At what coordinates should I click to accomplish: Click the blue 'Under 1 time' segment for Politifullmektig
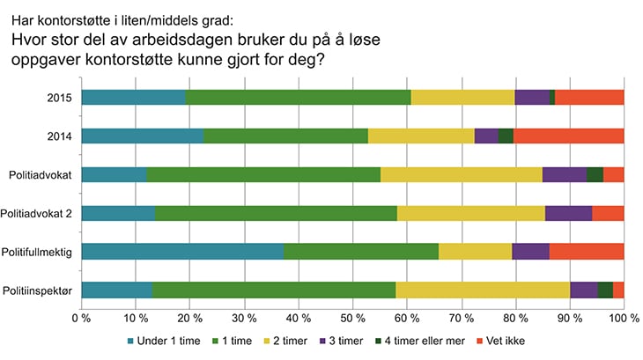coord(182,252)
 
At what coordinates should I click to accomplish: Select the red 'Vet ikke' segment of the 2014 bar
coord(568,136)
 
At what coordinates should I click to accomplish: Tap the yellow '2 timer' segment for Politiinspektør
coord(483,290)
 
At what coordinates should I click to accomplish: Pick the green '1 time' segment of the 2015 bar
coord(298,97)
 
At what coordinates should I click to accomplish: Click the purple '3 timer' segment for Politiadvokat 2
coord(568,213)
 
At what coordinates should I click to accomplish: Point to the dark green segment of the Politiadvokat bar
coord(595,174)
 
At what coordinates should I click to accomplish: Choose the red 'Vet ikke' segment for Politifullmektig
coord(587,252)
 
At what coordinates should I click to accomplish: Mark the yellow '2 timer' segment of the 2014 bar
coord(421,136)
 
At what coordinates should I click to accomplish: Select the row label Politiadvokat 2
coord(41,213)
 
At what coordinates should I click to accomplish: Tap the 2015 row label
coord(61,97)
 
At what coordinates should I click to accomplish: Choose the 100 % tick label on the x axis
coord(622,317)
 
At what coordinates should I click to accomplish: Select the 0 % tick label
coord(81,317)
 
